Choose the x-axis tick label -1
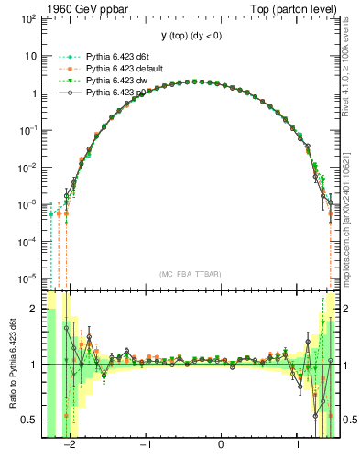pyautogui.click(x=145, y=448)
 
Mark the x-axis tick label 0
pyautogui.click(x=222, y=448)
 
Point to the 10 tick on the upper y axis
pyautogui.click(x=31, y=55)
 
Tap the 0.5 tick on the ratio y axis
pyautogui.click(x=29, y=420)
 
